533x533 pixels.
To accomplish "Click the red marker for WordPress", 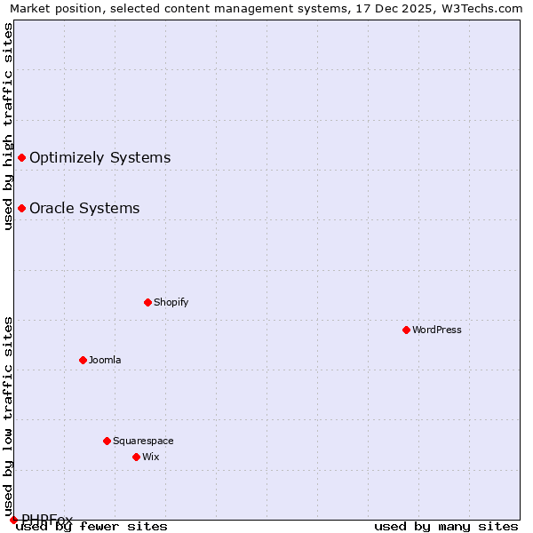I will [406, 330].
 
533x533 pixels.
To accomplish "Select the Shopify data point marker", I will [147, 302].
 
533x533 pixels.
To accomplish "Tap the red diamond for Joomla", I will [83, 360].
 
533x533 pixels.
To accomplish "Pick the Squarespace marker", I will [107, 441].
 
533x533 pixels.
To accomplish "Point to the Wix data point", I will [136, 457].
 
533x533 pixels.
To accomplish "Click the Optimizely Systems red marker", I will [21, 158].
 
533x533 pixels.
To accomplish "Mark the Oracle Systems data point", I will [21, 209].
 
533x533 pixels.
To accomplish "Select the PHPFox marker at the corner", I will [13, 520].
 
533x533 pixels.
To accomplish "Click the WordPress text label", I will [437, 330].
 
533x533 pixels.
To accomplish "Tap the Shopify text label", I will [171, 302].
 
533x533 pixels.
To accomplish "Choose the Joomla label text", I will [105, 360].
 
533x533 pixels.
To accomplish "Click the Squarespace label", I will [143, 441].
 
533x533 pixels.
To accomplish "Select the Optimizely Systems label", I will [99, 158].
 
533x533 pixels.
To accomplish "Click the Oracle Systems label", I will [84, 209].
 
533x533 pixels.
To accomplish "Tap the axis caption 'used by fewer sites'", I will [92, 526].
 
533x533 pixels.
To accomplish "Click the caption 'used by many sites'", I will [446, 526].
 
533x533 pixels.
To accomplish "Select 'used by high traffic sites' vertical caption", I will [9, 126].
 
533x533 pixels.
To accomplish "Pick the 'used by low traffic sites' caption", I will [9, 410].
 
